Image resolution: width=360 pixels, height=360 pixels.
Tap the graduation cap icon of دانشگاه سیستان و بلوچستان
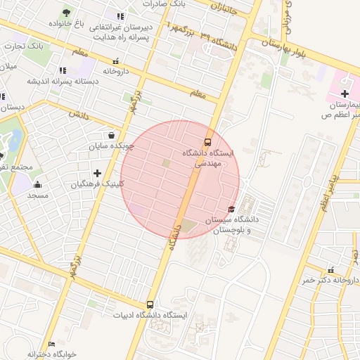click(232, 209)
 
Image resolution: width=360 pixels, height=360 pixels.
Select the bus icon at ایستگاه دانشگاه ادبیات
click(150, 304)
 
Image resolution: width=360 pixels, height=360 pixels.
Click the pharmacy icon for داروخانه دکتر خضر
click(331, 269)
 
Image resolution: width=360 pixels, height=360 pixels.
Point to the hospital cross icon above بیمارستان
click(345, 94)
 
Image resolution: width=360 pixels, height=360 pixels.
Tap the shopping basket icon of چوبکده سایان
click(111, 135)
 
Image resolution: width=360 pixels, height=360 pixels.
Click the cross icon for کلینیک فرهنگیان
click(97, 173)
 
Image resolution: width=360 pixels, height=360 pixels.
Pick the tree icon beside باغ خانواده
click(66, 13)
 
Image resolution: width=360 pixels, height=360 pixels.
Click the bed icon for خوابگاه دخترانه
click(51, 344)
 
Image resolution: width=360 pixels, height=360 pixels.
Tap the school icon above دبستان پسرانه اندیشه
click(63, 70)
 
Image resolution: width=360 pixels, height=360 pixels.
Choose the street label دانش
click(79, 115)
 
